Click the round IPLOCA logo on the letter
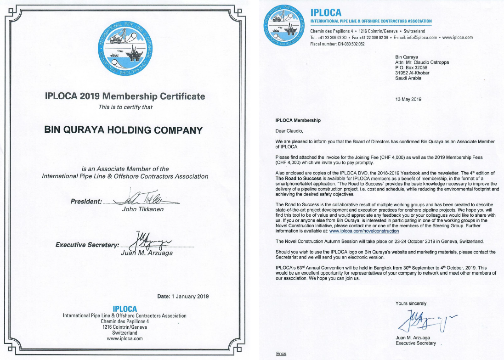pos(284,26)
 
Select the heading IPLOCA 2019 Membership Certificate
pos(125,96)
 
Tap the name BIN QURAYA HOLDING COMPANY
pos(123,130)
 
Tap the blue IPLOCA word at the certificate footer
pos(125,309)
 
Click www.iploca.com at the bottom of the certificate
pos(125,338)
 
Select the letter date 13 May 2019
pos(408,99)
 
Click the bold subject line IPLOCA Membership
pos(298,120)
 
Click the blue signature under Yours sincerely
pos(420,320)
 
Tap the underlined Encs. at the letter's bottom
pos(281,353)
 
